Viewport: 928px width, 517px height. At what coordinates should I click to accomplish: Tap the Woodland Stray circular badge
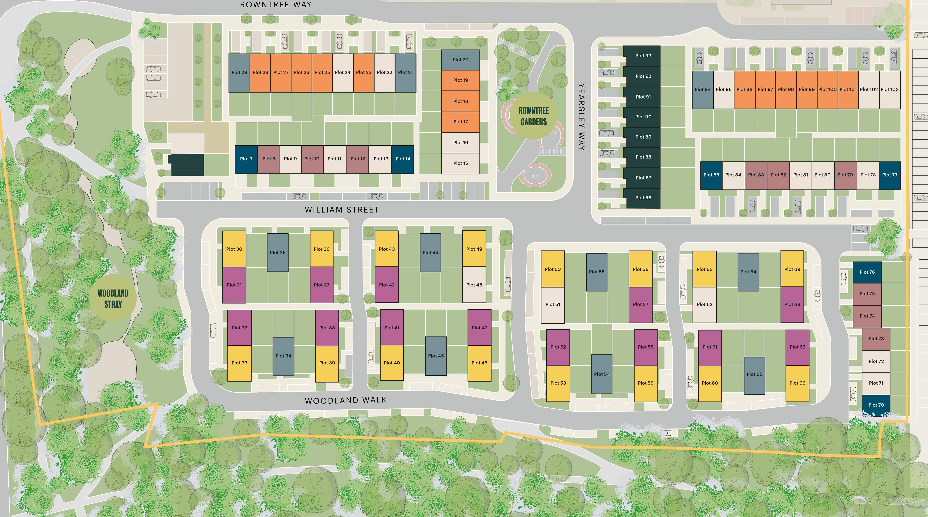[x=113, y=299]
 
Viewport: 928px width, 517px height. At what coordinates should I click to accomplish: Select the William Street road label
[x=342, y=210]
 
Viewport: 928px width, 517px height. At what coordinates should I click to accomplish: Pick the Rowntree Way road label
[x=276, y=5]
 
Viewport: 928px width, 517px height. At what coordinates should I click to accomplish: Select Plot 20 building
[x=460, y=60]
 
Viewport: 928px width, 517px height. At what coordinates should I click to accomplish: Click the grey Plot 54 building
[x=602, y=374]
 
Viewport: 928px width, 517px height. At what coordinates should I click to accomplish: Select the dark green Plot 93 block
[x=643, y=56]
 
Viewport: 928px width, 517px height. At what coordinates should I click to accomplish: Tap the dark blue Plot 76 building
[x=867, y=272]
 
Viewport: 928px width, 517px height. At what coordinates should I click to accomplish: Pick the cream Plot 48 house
[x=474, y=285]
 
